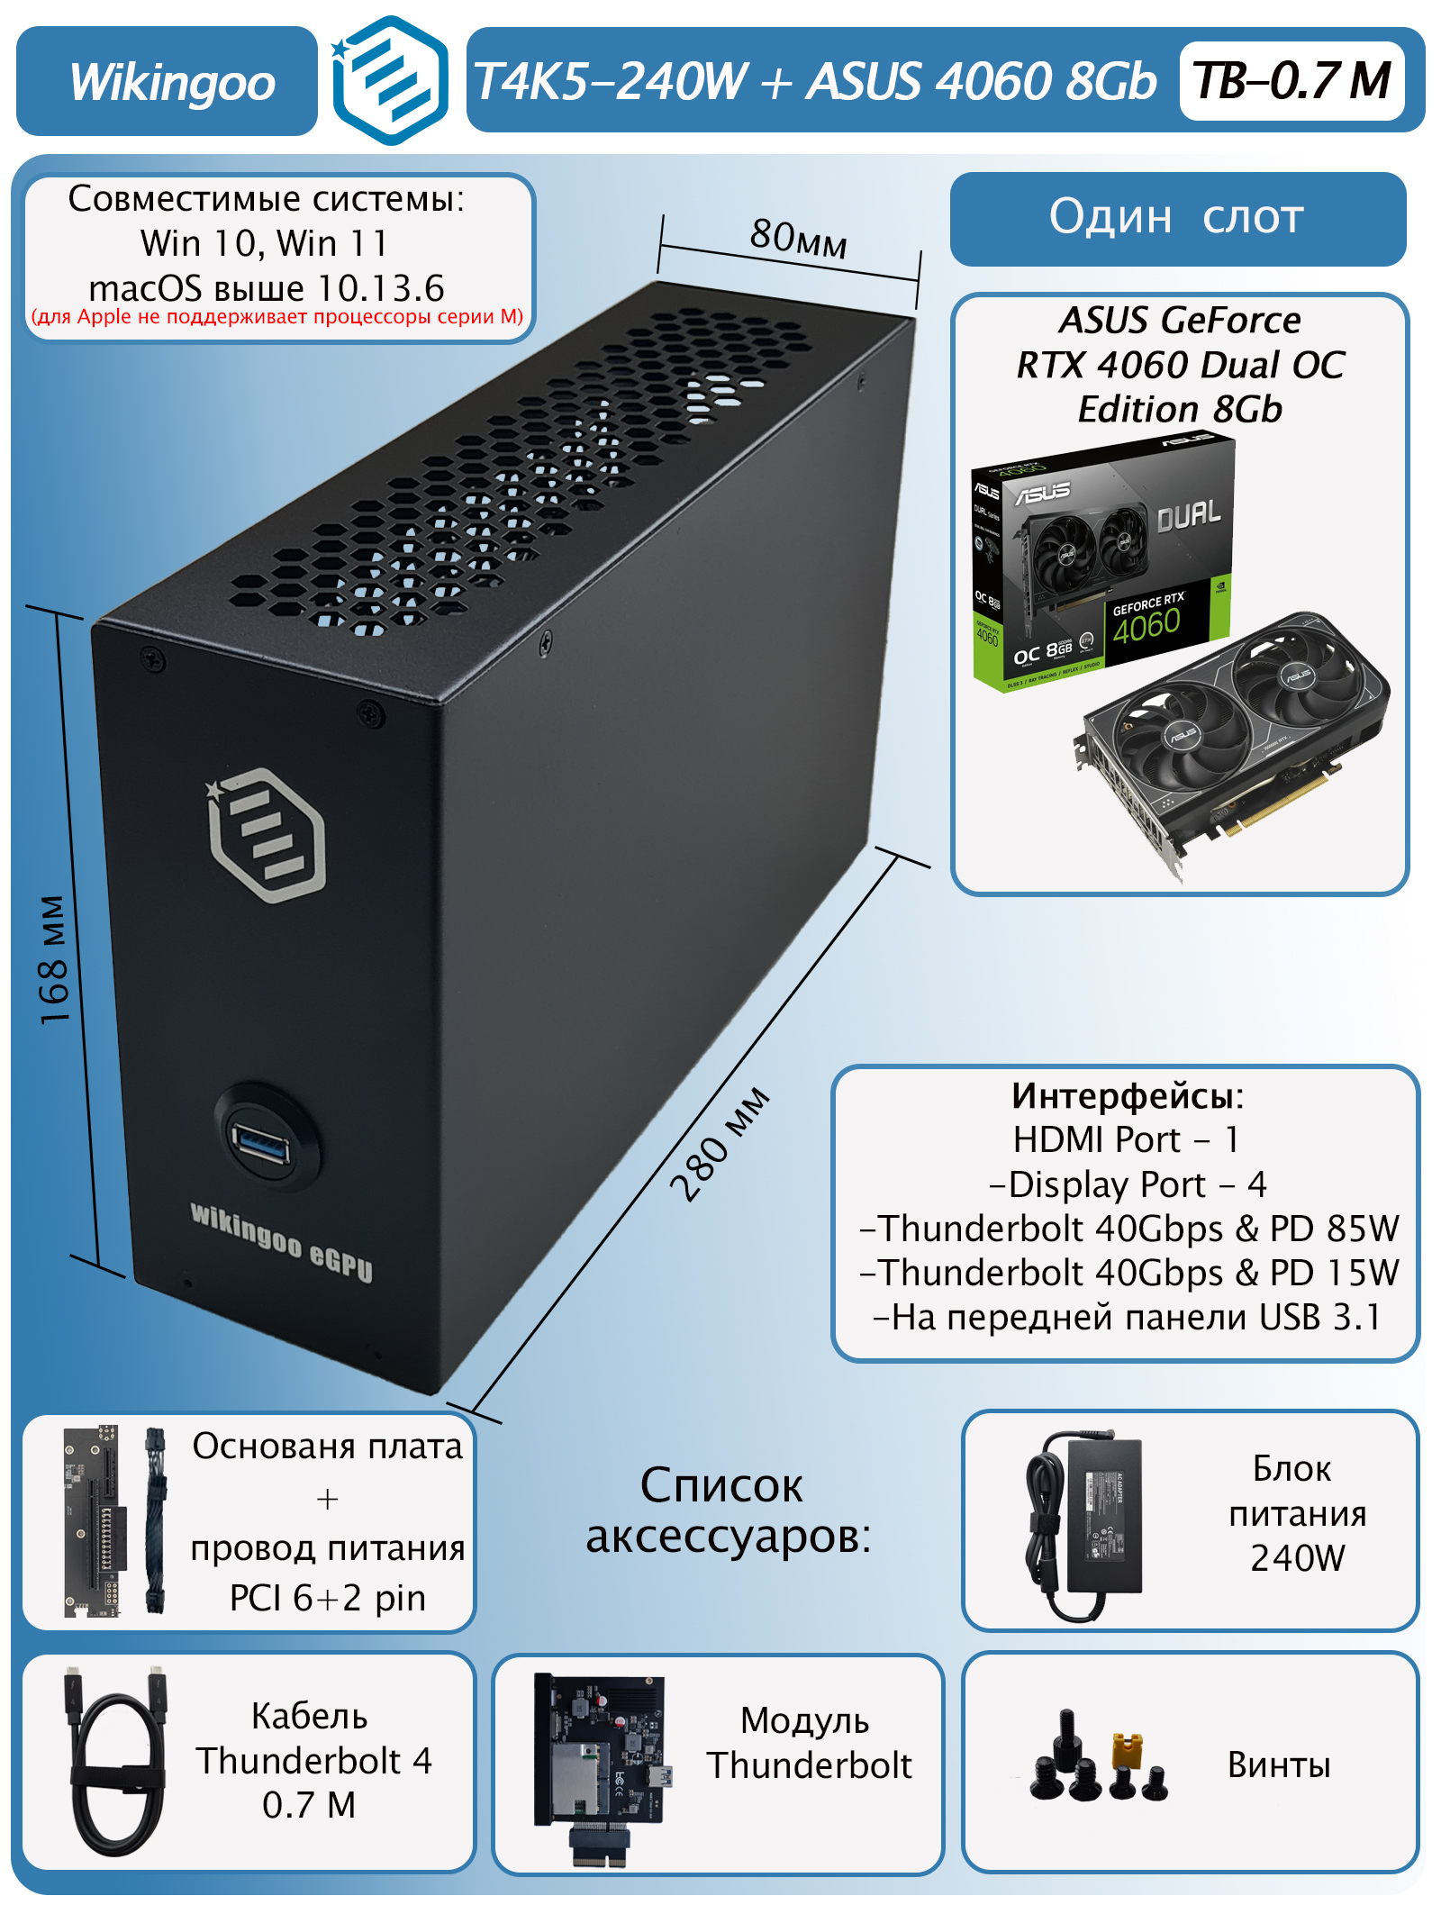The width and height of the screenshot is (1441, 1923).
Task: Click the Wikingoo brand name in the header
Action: coord(171,83)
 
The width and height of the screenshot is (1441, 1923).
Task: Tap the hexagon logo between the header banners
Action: coord(389,81)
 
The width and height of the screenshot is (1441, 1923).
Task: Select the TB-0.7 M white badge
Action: coord(1291,81)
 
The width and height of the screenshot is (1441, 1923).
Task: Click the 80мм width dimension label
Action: coord(798,238)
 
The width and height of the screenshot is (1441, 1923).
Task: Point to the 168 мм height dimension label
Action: coord(54,959)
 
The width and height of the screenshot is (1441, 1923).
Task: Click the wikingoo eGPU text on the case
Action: coord(281,1241)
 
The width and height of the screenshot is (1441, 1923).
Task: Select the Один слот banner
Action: coord(1177,218)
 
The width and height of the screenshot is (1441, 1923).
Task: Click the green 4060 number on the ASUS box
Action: coord(1146,625)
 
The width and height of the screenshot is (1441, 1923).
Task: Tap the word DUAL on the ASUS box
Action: coord(1188,516)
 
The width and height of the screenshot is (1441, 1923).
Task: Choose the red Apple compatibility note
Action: coord(277,317)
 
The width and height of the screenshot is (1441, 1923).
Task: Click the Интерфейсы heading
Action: coord(1127,1096)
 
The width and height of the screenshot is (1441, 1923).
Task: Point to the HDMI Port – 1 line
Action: coord(1126,1140)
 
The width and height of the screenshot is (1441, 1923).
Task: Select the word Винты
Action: coord(1278,1765)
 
